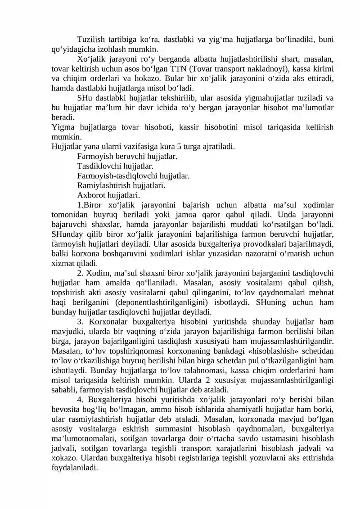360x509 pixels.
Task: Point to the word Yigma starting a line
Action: (x=62, y=127)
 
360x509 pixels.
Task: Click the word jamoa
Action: (x=223, y=215)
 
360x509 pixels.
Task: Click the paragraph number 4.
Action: (x=80, y=400)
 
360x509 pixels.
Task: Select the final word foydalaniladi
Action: (x=75, y=468)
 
